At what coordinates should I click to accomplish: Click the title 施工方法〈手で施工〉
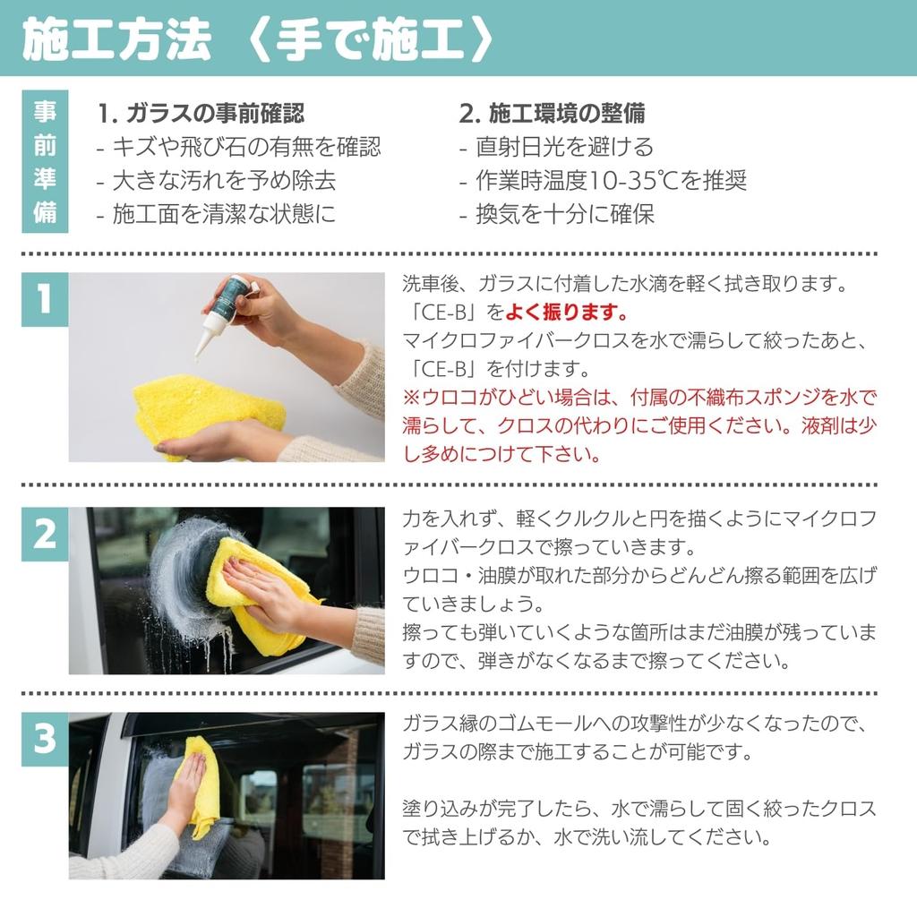pyautogui.click(x=258, y=39)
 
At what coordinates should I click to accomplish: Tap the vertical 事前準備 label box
pyautogui.click(x=45, y=161)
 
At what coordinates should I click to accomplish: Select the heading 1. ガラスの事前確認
pyautogui.click(x=201, y=114)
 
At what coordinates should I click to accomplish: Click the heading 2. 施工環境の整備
pyautogui.click(x=552, y=114)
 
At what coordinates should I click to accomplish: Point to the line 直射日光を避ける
pyautogui.click(x=564, y=147)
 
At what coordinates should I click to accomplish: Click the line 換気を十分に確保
pyautogui.click(x=564, y=214)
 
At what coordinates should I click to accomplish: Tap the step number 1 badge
pyautogui.click(x=45, y=299)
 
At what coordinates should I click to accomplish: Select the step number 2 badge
pyautogui.click(x=45, y=534)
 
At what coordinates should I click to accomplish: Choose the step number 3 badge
pyautogui.click(x=45, y=739)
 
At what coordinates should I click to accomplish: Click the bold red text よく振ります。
pyautogui.click(x=567, y=312)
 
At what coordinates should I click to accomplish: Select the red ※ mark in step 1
pyautogui.click(x=412, y=397)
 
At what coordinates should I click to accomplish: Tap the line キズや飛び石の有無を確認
pyautogui.click(x=246, y=147)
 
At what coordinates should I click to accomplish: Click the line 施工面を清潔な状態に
pyautogui.click(x=224, y=214)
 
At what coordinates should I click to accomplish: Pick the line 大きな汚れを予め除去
pyautogui.click(x=224, y=181)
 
